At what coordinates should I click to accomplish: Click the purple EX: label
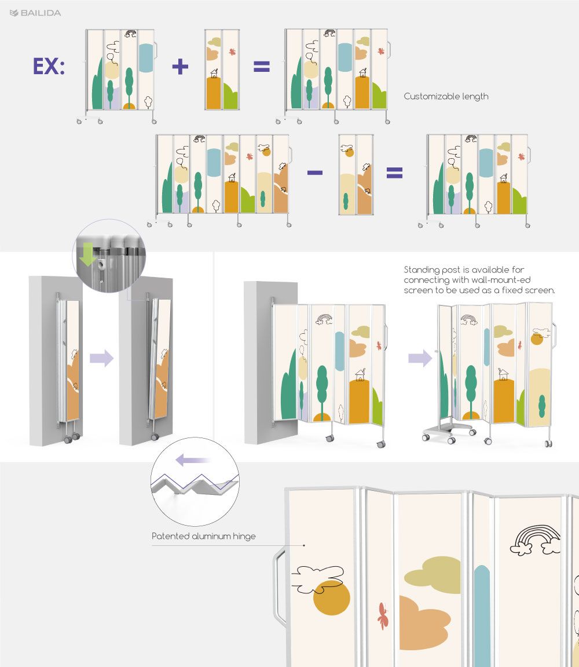click(49, 67)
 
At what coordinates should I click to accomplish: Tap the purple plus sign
click(180, 67)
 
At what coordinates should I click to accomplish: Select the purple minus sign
click(314, 172)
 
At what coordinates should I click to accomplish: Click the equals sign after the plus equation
click(262, 67)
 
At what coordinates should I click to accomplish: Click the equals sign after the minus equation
click(394, 172)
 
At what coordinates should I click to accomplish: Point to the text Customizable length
click(446, 97)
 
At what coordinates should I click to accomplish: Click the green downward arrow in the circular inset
click(87, 254)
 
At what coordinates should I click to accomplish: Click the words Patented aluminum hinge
click(204, 536)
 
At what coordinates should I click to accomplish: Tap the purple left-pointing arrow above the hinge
click(193, 460)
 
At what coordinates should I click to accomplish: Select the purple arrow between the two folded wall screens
click(101, 358)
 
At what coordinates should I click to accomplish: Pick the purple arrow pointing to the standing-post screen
click(420, 358)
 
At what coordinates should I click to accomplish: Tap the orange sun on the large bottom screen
click(332, 597)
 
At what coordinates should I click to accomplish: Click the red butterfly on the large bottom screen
click(383, 615)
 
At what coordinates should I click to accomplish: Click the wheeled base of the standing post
click(448, 431)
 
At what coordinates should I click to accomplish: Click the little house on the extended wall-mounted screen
click(360, 375)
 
